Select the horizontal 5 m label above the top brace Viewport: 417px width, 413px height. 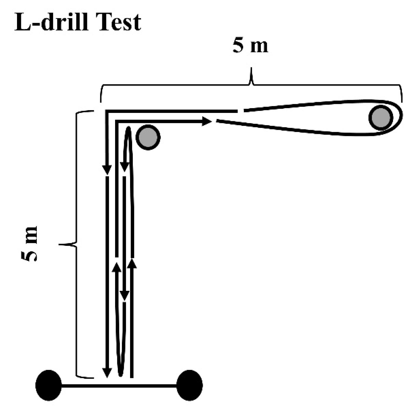click(250, 46)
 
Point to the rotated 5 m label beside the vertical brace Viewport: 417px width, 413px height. click(30, 244)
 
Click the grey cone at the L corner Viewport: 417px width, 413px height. click(148, 137)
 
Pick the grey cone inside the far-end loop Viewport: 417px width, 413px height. click(380, 117)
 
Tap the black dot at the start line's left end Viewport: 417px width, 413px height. click(49, 385)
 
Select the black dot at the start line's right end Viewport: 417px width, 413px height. click(189, 385)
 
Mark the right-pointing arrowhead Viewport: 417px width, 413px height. click(207, 121)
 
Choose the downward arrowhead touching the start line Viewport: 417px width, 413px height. click(107, 373)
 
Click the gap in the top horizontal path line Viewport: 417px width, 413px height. click(240, 111)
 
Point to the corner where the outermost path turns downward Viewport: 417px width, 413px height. click(107, 111)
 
